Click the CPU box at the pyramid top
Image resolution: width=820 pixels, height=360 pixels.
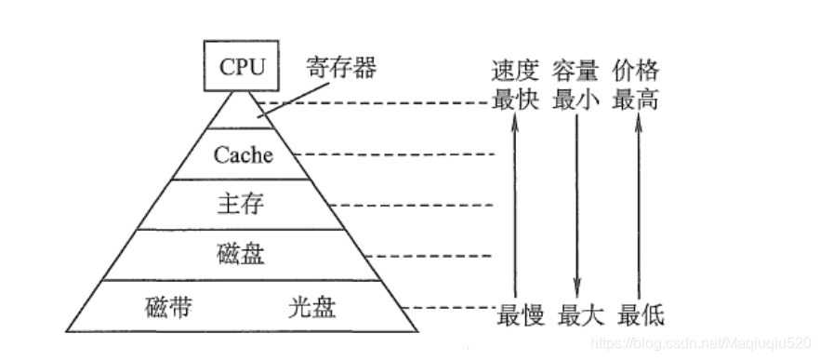click(243, 67)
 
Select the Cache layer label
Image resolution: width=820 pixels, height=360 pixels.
click(244, 154)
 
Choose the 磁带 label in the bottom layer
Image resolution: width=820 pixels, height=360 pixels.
click(169, 307)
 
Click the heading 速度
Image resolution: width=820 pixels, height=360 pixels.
click(515, 70)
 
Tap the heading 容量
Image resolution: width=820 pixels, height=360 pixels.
click(576, 70)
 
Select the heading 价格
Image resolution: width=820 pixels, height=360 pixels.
click(637, 70)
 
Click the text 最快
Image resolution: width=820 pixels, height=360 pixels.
click(515, 100)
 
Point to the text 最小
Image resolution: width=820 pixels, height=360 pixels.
click(576, 100)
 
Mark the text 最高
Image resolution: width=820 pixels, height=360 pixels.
click(637, 100)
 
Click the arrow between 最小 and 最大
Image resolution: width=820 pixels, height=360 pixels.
click(576, 205)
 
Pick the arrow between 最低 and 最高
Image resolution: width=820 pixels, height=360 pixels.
click(637, 205)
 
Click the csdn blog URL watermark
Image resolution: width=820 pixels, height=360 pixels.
click(703, 344)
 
